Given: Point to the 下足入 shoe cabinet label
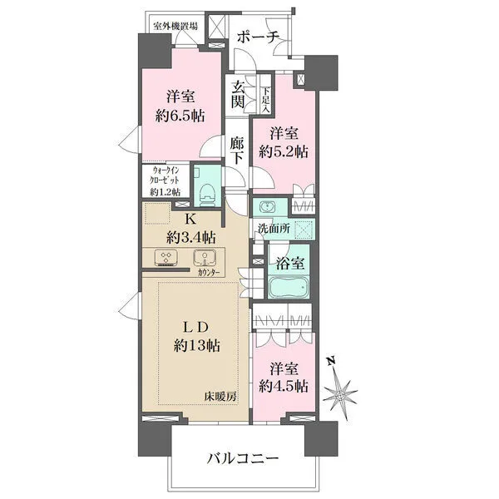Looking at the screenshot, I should click(265, 94).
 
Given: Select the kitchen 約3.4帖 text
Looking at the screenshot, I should click(190, 235).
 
